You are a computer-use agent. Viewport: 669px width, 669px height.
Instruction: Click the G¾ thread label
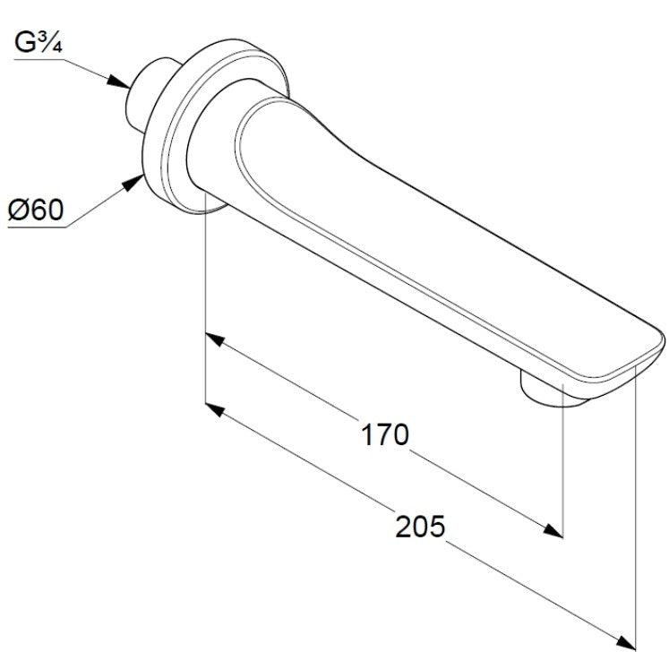click(39, 43)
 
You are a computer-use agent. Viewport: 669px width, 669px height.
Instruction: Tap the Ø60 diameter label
click(36, 210)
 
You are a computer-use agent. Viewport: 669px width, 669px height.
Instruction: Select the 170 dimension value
click(385, 434)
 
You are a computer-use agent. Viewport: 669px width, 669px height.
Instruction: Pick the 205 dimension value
click(420, 526)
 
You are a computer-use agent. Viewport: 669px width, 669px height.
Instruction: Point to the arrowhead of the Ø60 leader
click(133, 182)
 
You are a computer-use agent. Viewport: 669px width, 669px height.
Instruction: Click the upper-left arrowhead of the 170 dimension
click(216, 339)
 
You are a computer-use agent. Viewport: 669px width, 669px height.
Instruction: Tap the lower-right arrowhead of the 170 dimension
click(553, 531)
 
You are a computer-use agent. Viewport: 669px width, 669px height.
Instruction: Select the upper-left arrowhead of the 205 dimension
click(216, 410)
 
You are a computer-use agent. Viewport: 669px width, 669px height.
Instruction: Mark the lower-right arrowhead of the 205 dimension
click(625, 643)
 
